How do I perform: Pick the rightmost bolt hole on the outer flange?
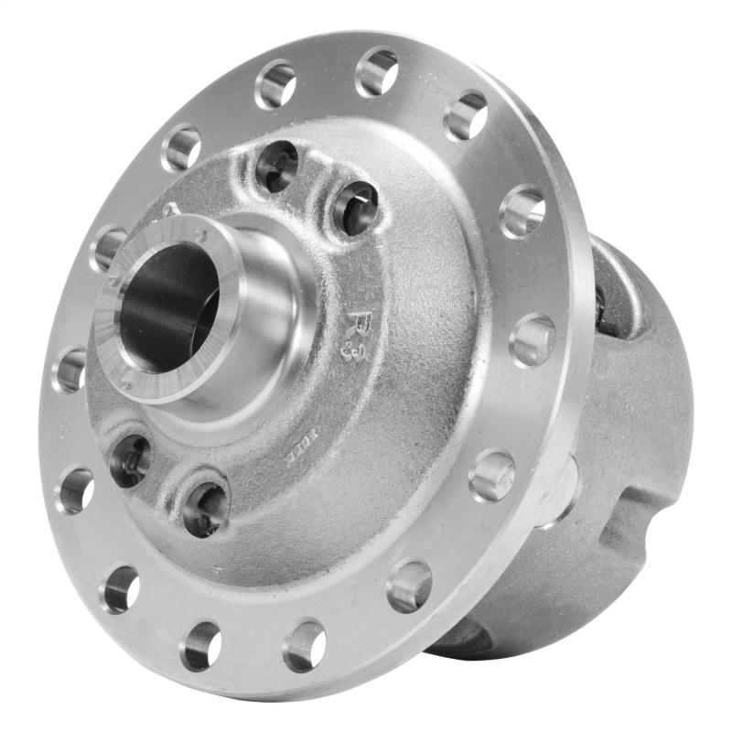[533, 339]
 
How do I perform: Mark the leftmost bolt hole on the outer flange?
[70, 370]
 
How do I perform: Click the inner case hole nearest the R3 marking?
[355, 208]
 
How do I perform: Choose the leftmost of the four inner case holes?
[130, 460]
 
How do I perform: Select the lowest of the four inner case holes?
[205, 508]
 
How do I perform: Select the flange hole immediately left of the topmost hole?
[275, 84]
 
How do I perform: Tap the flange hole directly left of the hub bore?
[109, 248]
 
